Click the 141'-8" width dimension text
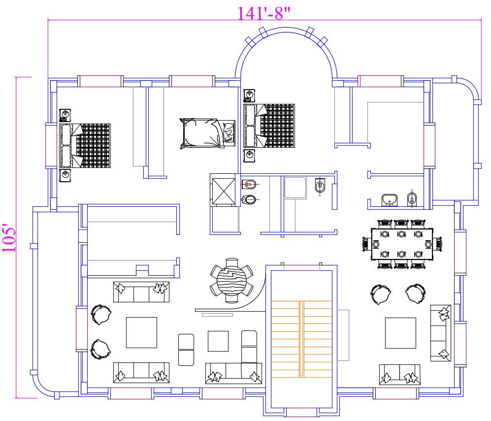264,13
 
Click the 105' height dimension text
9,238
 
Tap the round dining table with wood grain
232,280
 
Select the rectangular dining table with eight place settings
402,244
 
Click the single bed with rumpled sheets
207,133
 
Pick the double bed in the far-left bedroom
85,146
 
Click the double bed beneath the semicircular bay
269,126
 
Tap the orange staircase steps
301,339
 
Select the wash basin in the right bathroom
389,200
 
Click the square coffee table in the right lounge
400,333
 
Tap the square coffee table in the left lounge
141,332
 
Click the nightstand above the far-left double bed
65,115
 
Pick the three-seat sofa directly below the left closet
141,291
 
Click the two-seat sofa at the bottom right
399,374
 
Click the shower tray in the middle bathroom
295,188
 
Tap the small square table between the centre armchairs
218,341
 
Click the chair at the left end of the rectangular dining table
366,244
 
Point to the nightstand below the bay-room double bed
249,156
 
